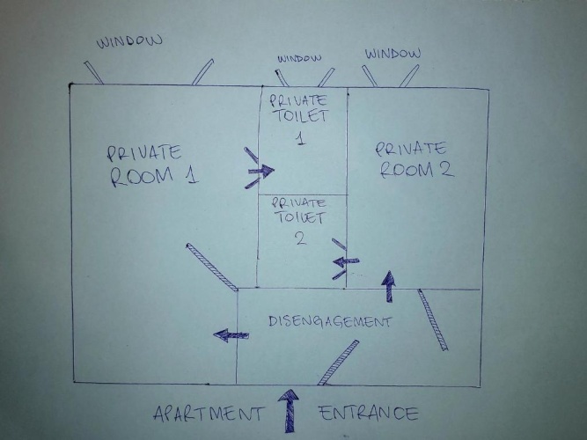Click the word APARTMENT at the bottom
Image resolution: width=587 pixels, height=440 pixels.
coord(208,414)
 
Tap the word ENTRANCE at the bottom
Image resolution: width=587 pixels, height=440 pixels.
coord(369,413)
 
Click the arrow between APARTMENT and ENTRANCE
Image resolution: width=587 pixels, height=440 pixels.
coord(289,411)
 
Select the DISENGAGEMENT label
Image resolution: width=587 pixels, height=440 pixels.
coord(330,322)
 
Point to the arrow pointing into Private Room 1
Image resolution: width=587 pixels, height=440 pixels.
coord(231,334)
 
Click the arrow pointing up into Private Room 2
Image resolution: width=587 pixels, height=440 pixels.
coord(389,286)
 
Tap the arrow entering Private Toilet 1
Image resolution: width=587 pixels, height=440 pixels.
coord(260,171)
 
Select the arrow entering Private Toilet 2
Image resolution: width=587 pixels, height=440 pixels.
coord(346,261)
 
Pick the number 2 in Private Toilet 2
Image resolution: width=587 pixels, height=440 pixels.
coord(301,238)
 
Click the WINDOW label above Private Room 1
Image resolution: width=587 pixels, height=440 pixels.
coord(129,41)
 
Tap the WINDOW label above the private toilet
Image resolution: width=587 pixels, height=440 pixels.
coord(299,58)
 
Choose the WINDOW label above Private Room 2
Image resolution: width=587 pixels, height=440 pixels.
coord(393,54)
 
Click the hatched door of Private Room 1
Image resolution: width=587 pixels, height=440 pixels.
coord(212,267)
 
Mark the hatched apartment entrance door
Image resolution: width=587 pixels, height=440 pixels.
coord(338,363)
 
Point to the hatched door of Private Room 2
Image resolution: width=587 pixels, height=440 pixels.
coord(433,319)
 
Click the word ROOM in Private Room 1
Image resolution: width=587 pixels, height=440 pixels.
coord(142,176)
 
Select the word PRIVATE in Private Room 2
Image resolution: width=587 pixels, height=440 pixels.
coord(411,149)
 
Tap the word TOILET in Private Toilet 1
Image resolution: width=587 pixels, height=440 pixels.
coord(301,115)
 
